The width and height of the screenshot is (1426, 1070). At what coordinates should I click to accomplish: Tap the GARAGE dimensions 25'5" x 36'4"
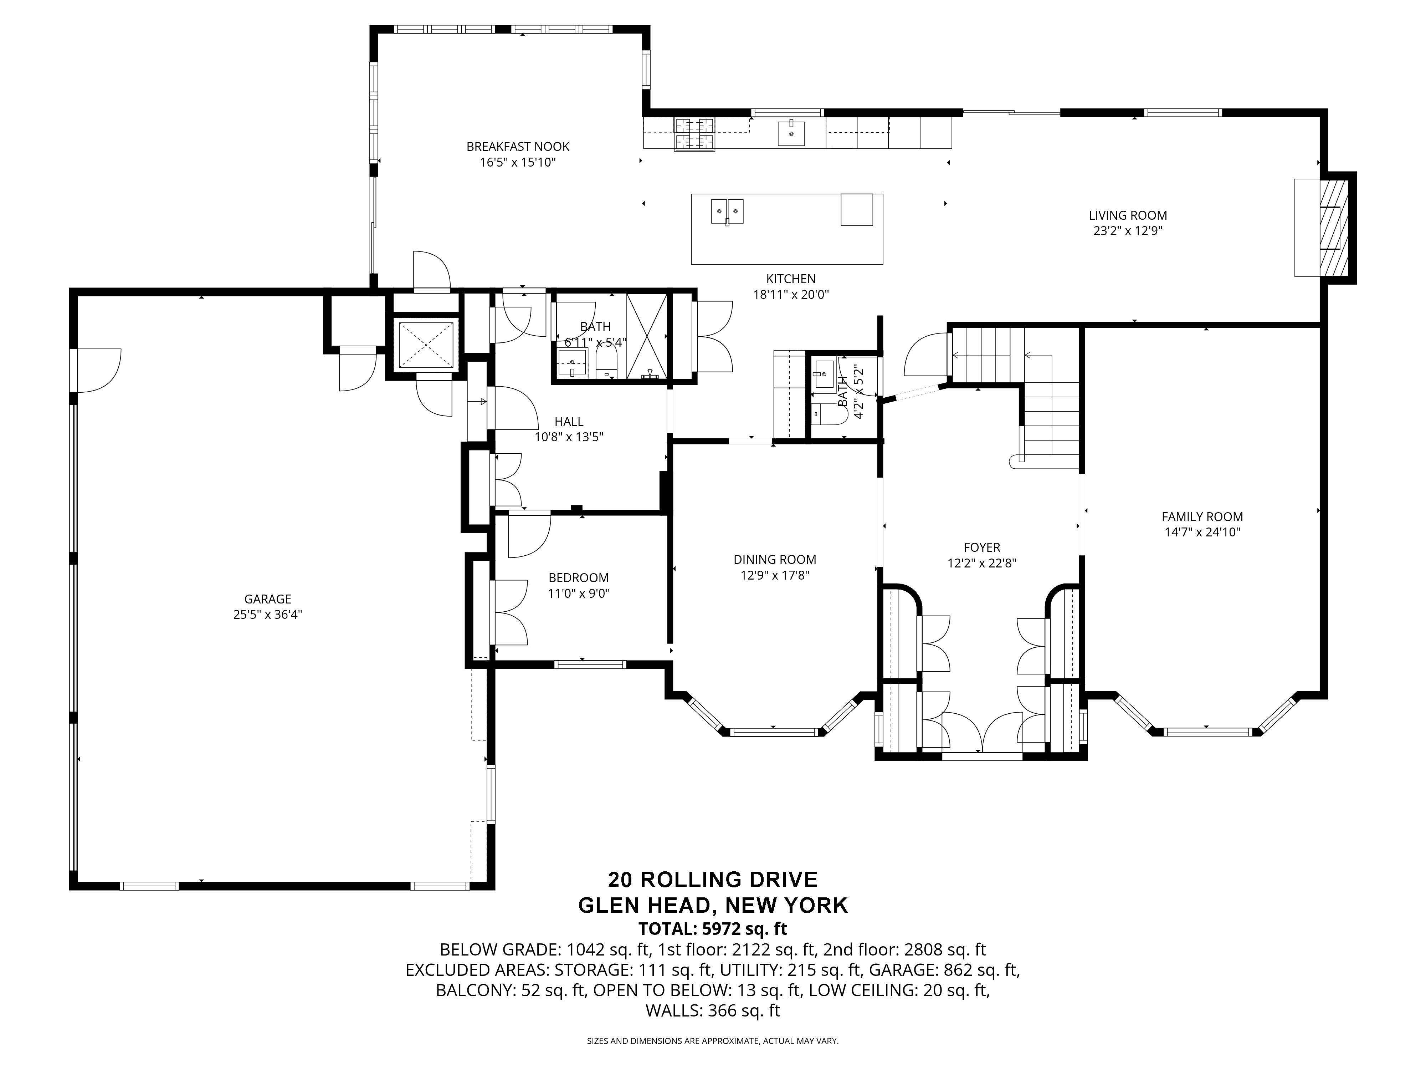click(x=267, y=615)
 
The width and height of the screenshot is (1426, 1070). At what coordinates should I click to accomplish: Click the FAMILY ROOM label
click(x=1202, y=516)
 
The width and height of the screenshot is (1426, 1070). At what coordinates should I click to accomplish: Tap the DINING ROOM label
click(x=774, y=560)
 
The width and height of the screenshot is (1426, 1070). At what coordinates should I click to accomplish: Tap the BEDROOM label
click(x=578, y=578)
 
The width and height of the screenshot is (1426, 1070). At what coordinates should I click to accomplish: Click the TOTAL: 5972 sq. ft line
click(x=712, y=929)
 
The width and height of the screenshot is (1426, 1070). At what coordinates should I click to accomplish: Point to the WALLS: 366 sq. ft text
click(x=712, y=1011)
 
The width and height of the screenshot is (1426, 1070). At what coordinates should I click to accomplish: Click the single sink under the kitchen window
click(x=791, y=133)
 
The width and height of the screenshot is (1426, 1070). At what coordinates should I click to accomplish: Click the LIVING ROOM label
click(x=1128, y=215)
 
